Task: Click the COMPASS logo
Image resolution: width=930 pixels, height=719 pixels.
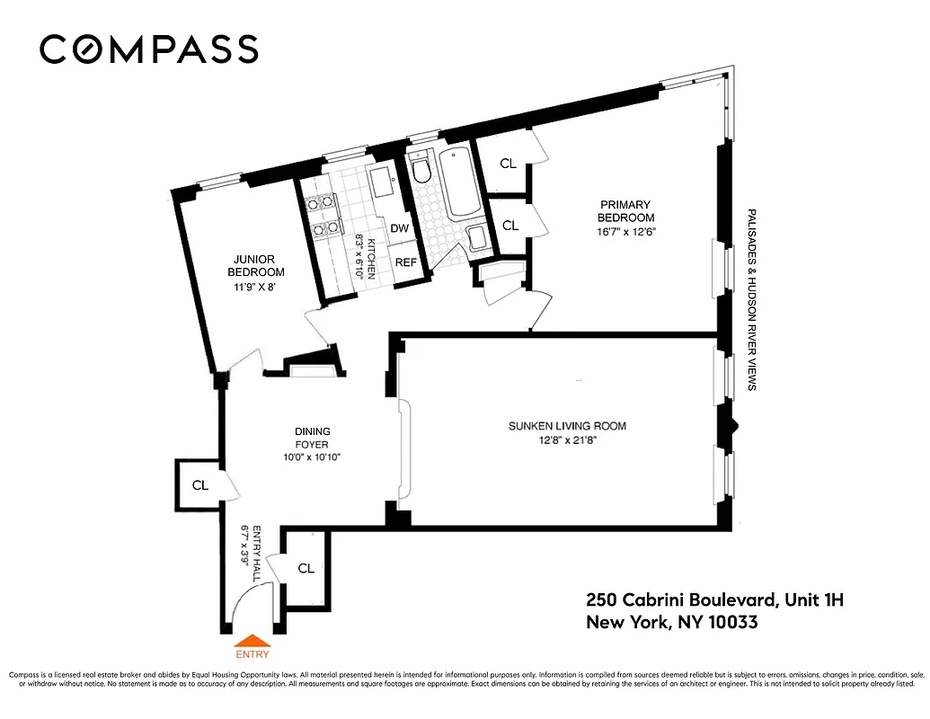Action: coord(149,49)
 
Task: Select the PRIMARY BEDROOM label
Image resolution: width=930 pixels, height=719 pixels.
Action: coord(626,211)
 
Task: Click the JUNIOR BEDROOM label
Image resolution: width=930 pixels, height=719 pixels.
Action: coord(255,266)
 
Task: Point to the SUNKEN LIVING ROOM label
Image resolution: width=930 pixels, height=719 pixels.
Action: coord(567,426)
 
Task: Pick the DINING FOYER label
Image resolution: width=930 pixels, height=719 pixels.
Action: coord(313,438)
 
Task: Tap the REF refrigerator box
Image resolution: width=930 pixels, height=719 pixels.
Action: coord(406,262)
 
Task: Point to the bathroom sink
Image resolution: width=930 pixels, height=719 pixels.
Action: coord(478,238)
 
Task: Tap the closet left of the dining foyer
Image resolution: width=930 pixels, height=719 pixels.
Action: coord(199,484)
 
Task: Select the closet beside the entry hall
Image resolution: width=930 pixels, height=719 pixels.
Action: coord(306,568)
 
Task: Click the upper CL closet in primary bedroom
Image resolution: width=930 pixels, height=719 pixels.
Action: coord(509,164)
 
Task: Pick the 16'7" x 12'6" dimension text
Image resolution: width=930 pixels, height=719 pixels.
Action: coord(626,231)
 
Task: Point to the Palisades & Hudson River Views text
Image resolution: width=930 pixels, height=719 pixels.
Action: coord(751,299)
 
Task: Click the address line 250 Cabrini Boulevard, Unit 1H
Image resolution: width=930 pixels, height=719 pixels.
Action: coord(714,599)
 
